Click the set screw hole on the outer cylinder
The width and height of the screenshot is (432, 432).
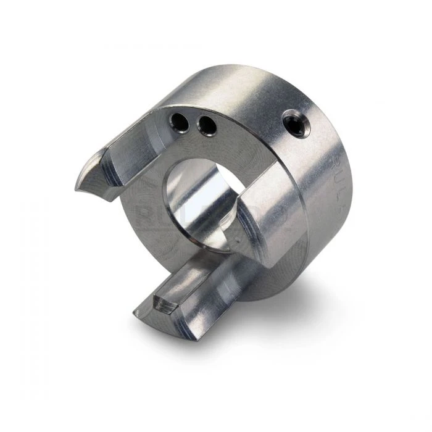(x=298, y=123)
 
